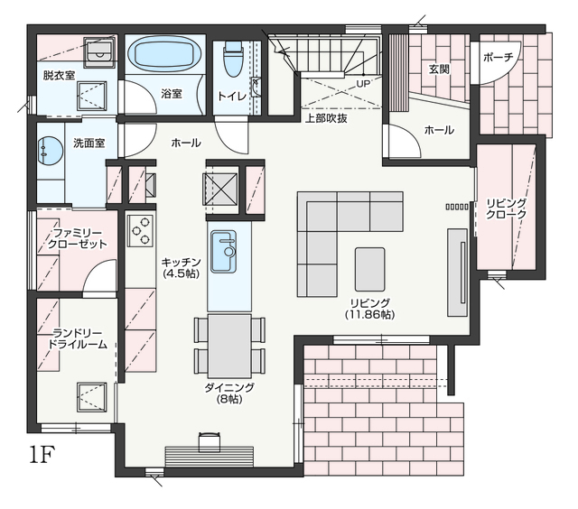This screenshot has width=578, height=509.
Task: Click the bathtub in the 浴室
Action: [164, 54]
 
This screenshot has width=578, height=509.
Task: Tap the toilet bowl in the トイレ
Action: [233, 58]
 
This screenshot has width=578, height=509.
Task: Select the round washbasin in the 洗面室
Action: [50, 151]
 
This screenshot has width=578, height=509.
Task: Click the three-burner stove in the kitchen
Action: [141, 230]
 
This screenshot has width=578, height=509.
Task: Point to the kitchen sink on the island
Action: [223, 252]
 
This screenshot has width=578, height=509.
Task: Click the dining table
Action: [229, 346]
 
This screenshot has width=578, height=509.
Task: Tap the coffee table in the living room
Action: [369, 269]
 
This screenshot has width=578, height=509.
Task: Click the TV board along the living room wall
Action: [458, 273]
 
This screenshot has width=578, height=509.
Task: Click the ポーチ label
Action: [498, 57]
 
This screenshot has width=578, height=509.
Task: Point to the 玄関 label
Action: [439, 69]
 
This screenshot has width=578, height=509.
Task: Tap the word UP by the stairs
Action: [363, 84]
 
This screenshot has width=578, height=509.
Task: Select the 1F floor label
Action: [42, 455]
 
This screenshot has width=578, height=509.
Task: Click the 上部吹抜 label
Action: [326, 118]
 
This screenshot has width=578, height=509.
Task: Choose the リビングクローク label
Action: [506, 208]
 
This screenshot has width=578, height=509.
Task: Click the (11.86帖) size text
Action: [369, 315]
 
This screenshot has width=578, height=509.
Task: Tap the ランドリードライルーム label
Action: [78, 338]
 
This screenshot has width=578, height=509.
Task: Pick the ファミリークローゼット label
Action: [78, 238]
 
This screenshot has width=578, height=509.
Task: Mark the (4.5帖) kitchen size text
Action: [182, 273]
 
